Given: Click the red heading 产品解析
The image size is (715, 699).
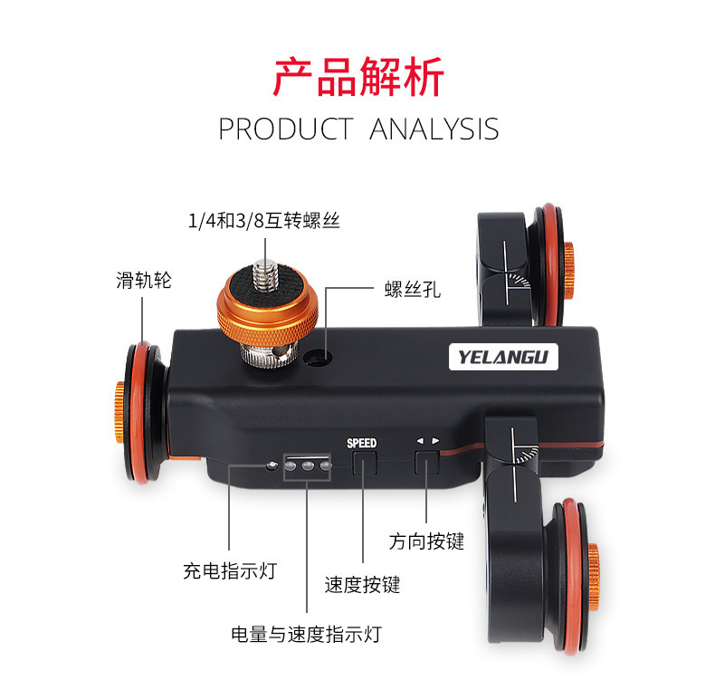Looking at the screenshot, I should coord(357,77).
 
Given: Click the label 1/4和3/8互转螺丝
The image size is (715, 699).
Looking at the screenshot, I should coord(263,220).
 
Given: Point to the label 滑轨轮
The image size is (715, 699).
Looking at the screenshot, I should coord(143,280).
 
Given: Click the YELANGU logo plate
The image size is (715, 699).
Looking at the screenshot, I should coord(503,355).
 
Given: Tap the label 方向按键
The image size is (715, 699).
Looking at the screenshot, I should coord(426,541).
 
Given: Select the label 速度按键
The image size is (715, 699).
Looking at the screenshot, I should coord(362,585).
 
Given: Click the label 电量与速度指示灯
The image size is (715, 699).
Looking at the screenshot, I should coord(306,634).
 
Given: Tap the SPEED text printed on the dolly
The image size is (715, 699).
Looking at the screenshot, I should coord(361,443).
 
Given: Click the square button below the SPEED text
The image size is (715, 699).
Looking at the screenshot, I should coord(363,464).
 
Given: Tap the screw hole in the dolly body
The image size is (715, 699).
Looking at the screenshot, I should coord(315,358).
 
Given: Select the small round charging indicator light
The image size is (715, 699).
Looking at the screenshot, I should coord(273,467).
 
